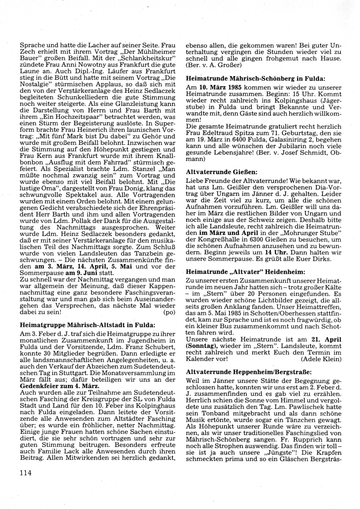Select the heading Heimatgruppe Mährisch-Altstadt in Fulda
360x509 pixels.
click(87, 325)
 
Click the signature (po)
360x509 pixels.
click(169, 312)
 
